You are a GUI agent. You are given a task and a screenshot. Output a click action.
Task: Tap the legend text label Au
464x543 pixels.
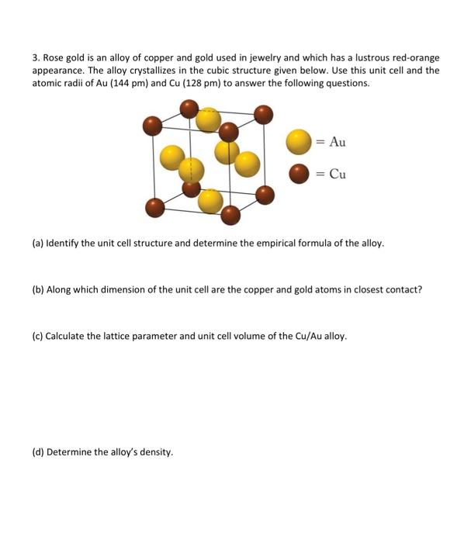coord(338,142)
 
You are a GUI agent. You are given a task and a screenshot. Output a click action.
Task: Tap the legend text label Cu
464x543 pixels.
coord(338,174)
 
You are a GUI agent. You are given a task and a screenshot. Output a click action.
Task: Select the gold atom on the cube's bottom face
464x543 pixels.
coord(210,201)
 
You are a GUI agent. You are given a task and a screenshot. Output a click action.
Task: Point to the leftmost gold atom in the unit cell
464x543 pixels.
coord(172,158)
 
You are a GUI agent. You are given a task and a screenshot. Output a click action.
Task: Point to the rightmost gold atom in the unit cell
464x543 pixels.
coord(247,164)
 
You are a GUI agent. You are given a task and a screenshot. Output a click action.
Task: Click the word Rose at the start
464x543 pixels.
coord(54,58)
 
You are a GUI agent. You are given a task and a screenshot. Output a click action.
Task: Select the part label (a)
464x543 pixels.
coord(37,243)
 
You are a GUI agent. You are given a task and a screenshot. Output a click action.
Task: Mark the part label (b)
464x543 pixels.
coord(37,290)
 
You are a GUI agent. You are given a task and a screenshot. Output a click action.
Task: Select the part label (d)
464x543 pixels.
coord(37,451)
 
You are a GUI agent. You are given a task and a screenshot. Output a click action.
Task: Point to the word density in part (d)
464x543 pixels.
coord(156,451)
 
